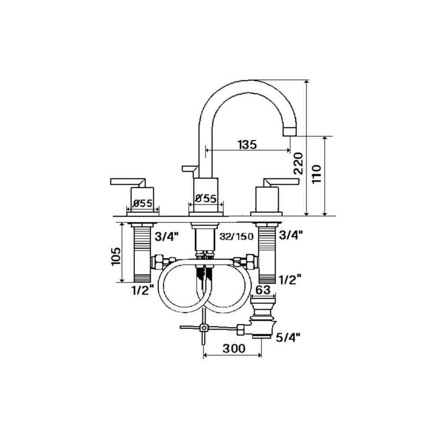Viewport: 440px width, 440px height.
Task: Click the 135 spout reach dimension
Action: coord(247,145)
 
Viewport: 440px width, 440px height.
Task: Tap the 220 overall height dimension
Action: coord(298,164)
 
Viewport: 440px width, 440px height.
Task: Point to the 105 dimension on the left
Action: coord(116,257)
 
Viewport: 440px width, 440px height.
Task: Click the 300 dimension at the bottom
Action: coord(234,348)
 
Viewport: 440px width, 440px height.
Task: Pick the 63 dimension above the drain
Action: coord(263,290)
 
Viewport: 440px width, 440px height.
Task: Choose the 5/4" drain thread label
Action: coord(288,337)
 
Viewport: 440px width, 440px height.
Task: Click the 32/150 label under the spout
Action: coord(237,236)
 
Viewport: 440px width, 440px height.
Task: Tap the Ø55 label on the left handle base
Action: coord(143,203)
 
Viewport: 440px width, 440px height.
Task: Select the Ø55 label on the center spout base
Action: coord(206,199)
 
